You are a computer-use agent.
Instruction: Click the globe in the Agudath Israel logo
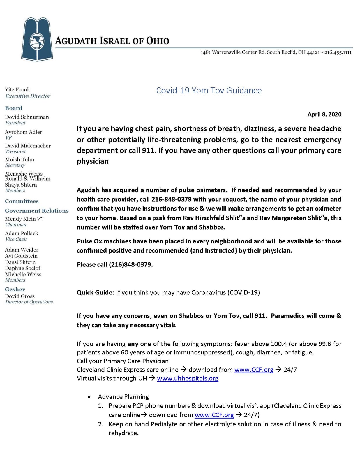point(37,41)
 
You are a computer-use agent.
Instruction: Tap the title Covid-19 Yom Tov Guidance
point(209,91)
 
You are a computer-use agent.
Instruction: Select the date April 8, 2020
point(324,114)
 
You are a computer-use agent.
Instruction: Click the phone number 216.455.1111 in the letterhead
point(338,52)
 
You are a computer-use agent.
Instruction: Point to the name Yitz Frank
point(17,90)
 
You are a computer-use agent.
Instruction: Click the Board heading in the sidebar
point(13,108)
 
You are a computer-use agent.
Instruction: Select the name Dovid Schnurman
point(27,117)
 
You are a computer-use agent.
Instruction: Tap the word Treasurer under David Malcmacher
point(16,151)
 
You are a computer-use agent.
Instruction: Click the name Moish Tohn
point(20,160)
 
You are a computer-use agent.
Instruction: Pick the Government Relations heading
point(37,211)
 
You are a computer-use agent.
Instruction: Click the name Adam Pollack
point(22,233)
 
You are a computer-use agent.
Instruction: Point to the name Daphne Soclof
point(23,268)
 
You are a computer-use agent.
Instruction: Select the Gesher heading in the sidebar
point(15,289)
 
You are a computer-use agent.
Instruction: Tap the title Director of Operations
point(29,302)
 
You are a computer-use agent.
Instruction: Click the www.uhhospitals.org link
point(188,378)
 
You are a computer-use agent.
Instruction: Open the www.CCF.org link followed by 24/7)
point(214,415)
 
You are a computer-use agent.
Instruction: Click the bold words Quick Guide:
point(96,292)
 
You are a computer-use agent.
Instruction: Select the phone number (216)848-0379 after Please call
point(130,264)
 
